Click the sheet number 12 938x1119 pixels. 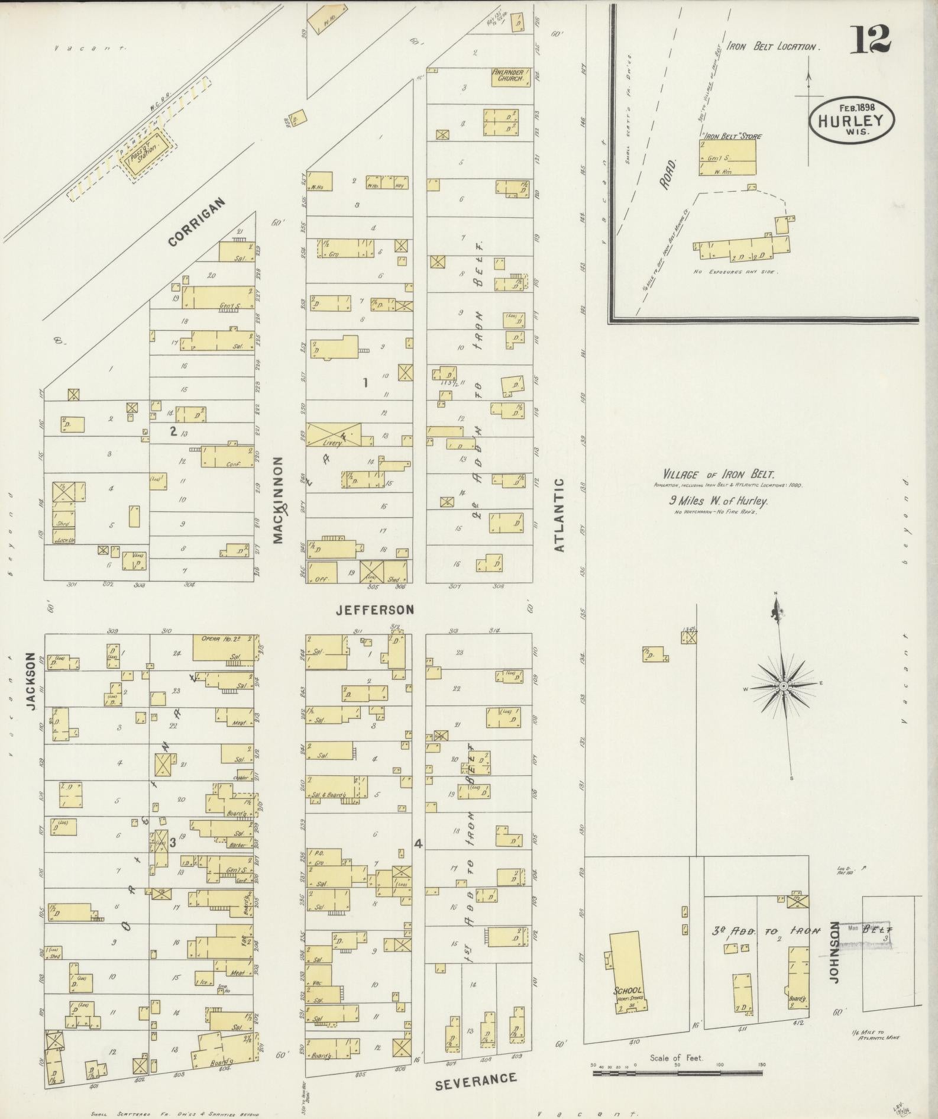(x=871, y=40)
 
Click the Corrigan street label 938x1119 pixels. (x=197, y=222)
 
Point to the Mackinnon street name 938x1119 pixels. (x=279, y=500)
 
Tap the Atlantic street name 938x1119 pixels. (x=559, y=515)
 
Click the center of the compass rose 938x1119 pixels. (x=782, y=686)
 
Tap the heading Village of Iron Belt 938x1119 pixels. (x=718, y=474)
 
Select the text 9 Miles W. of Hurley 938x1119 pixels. (x=718, y=501)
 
